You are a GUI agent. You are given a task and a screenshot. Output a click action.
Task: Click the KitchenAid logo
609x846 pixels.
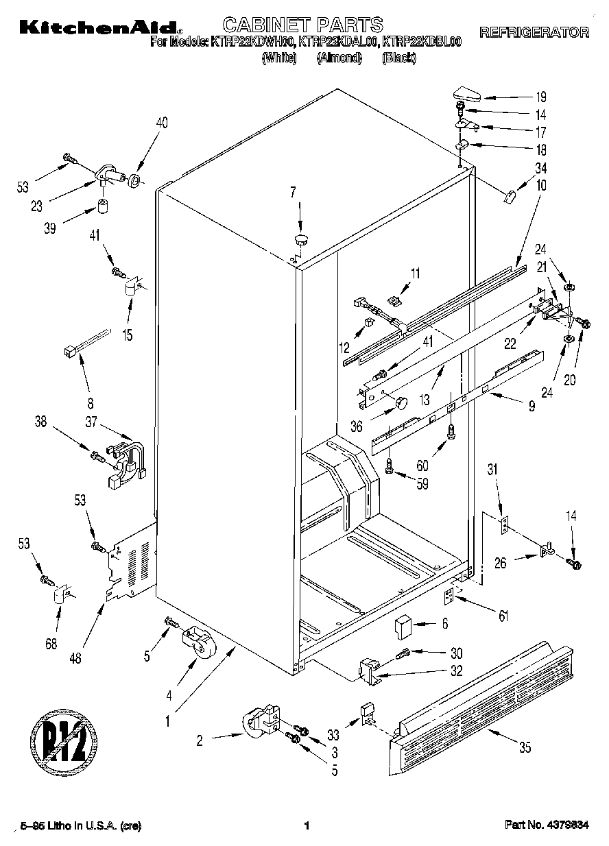[100, 28]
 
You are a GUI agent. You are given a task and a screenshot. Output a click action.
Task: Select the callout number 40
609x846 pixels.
[162, 123]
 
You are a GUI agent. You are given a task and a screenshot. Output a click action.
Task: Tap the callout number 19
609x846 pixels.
[541, 97]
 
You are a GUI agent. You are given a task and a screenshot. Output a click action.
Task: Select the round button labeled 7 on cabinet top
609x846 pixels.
[301, 239]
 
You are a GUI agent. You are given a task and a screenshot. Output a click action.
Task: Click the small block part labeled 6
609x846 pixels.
[402, 625]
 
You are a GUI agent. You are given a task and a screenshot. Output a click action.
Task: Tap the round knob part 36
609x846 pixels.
[398, 402]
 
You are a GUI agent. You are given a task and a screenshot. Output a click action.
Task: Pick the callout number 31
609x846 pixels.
[491, 470]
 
